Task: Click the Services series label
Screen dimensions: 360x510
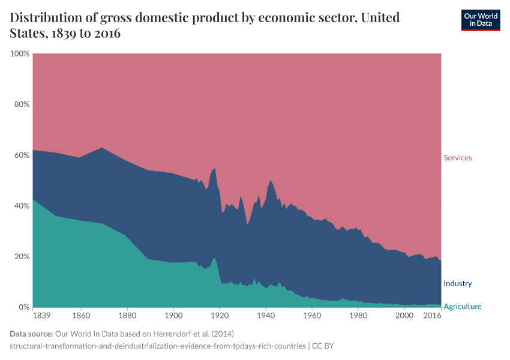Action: pyautogui.click(x=457, y=158)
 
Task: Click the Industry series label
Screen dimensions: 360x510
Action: pyautogui.click(x=457, y=283)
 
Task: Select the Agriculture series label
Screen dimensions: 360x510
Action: pyautogui.click(x=462, y=307)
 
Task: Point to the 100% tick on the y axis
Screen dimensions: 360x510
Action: pyautogui.click(x=20, y=54)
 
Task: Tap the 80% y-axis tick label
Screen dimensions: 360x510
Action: pyautogui.click(x=22, y=104)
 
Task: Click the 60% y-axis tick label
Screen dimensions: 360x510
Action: pyautogui.click(x=22, y=155)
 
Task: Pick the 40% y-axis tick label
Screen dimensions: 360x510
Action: pyautogui.click(x=22, y=206)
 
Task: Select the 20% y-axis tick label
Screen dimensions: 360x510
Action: pyautogui.click(x=22, y=257)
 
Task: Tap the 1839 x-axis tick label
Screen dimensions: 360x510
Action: pyautogui.click(x=41, y=315)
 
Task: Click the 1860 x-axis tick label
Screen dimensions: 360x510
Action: pyautogui.click(x=81, y=315)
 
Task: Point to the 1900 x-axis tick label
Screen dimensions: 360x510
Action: pyautogui.click(x=173, y=315)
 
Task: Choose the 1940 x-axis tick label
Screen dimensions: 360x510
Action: pyautogui.click(x=266, y=315)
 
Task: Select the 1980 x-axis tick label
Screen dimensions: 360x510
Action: pyautogui.click(x=358, y=315)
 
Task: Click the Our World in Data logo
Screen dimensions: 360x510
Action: pyautogui.click(x=480, y=20)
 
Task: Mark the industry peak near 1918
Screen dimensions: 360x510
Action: pyautogui.click(x=215, y=169)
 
